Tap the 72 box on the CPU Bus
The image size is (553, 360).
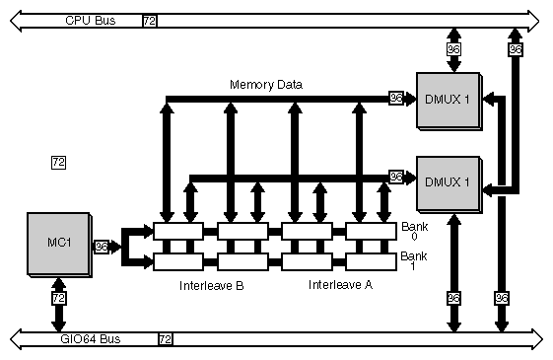[x=149, y=20]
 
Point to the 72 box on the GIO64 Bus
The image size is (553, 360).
[x=165, y=339]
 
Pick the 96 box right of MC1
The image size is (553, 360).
[x=102, y=247]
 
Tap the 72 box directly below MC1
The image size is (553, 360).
[x=58, y=297]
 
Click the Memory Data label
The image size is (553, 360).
[x=265, y=85]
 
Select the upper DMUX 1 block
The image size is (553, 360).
[x=448, y=99]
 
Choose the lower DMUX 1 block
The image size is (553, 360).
[x=448, y=181]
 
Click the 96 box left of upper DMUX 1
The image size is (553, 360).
[x=396, y=98]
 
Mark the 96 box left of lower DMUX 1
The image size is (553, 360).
[x=396, y=177]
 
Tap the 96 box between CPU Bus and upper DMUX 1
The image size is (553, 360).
[x=454, y=49]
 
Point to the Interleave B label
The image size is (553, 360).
[x=211, y=286]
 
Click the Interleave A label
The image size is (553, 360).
[x=340, y=286]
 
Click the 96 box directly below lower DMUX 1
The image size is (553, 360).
[x=454, y=297]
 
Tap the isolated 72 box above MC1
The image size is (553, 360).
[x=58, y=162]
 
